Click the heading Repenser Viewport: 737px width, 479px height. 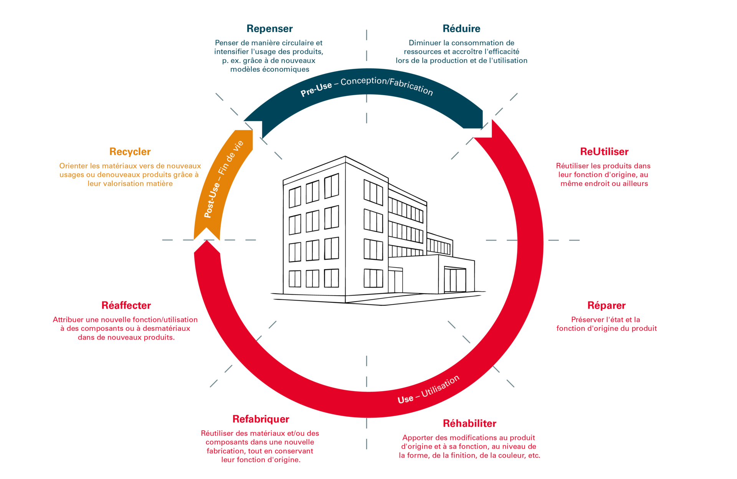tap(269, 29)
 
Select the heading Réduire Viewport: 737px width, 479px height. tap(461, 28)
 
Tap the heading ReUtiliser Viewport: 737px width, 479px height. tap(604, 152)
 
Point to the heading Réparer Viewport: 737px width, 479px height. tap(606, 306)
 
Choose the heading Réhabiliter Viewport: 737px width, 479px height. tap(469, 423)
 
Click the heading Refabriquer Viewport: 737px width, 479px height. tap(261, 419)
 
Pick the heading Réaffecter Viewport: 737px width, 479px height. tap(126, 306)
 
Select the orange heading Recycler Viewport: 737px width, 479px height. tap(130, 152)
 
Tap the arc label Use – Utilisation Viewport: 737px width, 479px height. tap(429, 390)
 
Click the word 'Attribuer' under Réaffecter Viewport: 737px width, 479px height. tap(68, 320)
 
